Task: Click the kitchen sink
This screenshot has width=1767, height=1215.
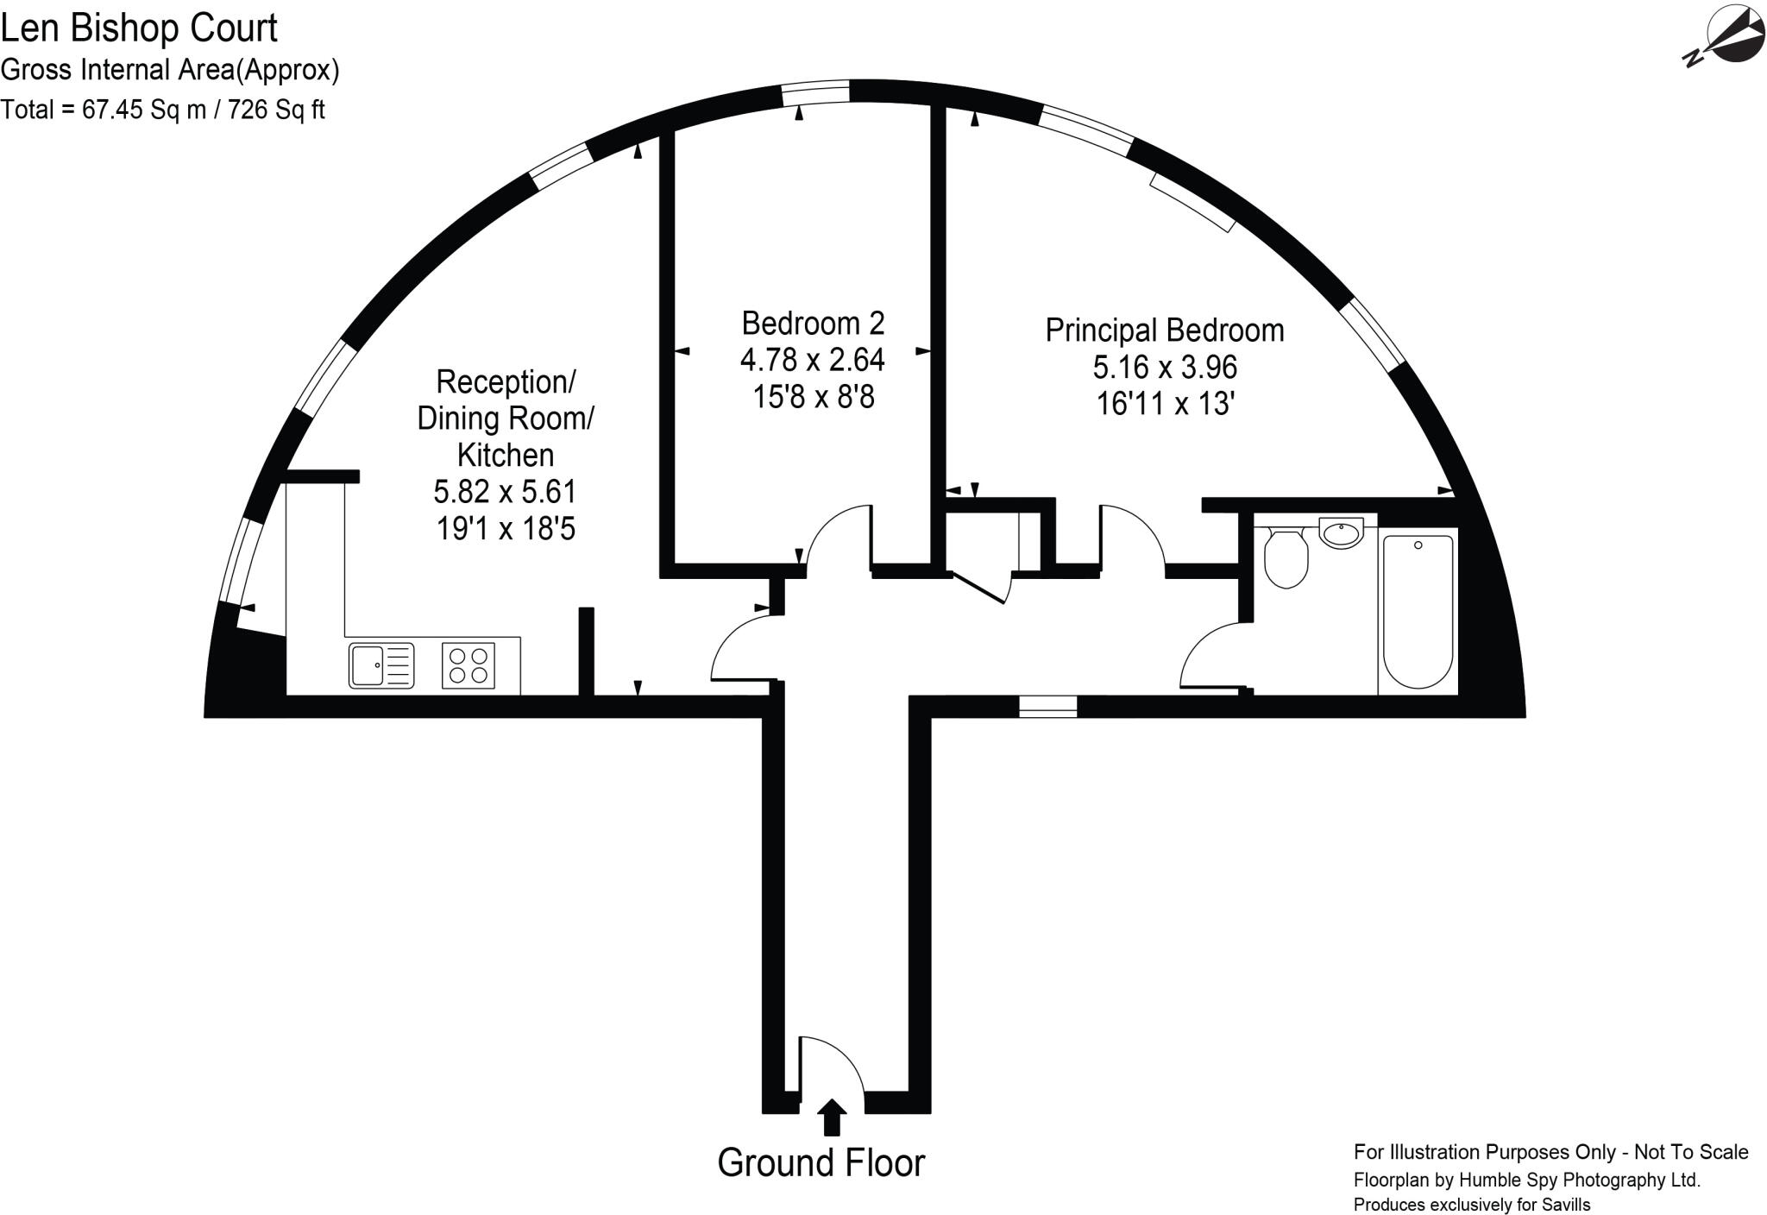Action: tap(381, 665)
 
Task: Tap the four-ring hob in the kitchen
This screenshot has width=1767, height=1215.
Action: tap(468, 665)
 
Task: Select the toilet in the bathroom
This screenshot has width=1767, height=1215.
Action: tap(1286, 557)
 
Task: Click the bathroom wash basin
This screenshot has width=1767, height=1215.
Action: tap(1342, 532)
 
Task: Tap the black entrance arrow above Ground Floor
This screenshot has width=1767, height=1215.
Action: tap(832, 1117)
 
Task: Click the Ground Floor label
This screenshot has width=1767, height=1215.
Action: tap(821, 1163)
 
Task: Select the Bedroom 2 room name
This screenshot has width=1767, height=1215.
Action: tap(814, 324)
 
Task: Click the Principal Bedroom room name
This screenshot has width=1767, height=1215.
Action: tap(1165, 331)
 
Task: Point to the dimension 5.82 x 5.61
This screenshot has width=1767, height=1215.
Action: tap(505, 492)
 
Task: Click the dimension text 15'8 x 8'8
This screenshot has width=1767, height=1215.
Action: tap(814, 397)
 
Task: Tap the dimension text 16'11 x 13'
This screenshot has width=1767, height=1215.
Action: tap(1165, 404)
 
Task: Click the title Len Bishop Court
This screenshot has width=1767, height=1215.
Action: tap(139, 28)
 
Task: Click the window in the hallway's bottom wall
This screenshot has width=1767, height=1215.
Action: tap(1047, 707)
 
